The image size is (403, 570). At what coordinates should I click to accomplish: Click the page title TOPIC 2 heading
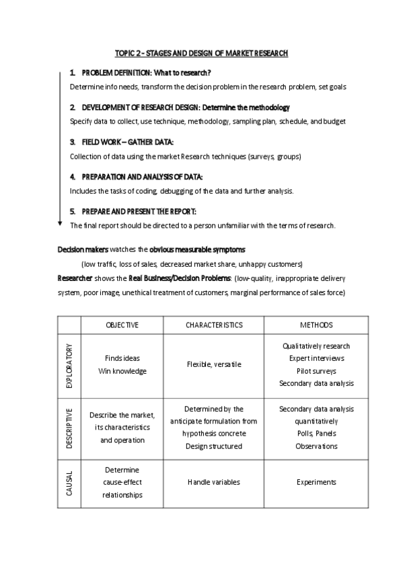[x=201, y=53]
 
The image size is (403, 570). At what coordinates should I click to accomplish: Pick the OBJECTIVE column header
[x=122, y=325]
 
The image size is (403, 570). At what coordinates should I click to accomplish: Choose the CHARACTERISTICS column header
[x=214, y=325]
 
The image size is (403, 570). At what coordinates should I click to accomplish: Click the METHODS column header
[x=316, y=325]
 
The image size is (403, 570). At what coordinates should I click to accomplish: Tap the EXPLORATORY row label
[x=69, y=365]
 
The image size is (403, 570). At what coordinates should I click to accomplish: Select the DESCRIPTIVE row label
[x=69, y=427]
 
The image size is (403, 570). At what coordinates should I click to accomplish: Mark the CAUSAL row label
[x=69, y=482]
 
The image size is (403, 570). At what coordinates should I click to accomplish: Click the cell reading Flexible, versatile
[x=214, y=365]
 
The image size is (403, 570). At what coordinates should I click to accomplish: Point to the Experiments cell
[x=316, y=482]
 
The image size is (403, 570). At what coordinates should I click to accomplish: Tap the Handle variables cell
[x=214, y=482]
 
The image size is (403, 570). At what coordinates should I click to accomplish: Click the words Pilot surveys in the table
[x=316, y=371]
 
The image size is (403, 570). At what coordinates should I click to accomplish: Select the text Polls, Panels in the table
[x=316, y=434]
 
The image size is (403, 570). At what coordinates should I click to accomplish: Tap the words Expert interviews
[x=316, y=359]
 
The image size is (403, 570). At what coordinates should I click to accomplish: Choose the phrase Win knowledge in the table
[x=122, y=371]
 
